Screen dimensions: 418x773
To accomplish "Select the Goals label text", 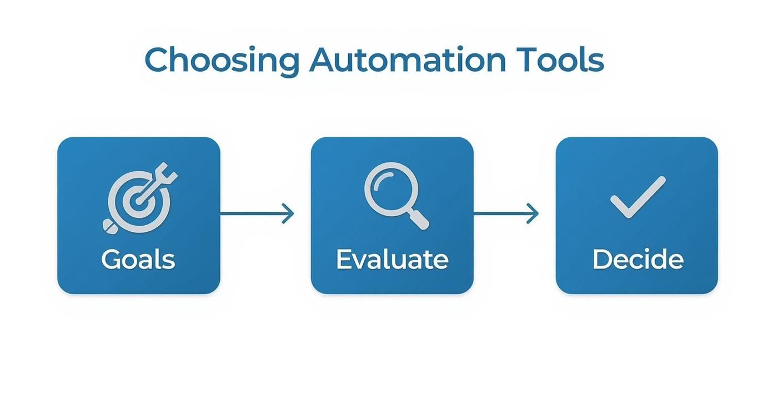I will pyautogui.click(x=138, y=260).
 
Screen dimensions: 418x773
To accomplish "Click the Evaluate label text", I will pyautogui.click(x=392, y=260).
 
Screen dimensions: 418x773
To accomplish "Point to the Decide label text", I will pyautogui.click(x=638, y=260).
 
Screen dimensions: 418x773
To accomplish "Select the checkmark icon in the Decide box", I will pyautogui.click(x=638, y=197).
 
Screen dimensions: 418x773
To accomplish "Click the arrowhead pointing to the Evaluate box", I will pyautogui.click(x=289, y=213).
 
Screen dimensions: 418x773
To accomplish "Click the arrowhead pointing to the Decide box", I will pyautogui.click(x=534, y=213).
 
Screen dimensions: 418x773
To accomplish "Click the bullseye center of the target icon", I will pyautogui.click(x=133, y=201).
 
